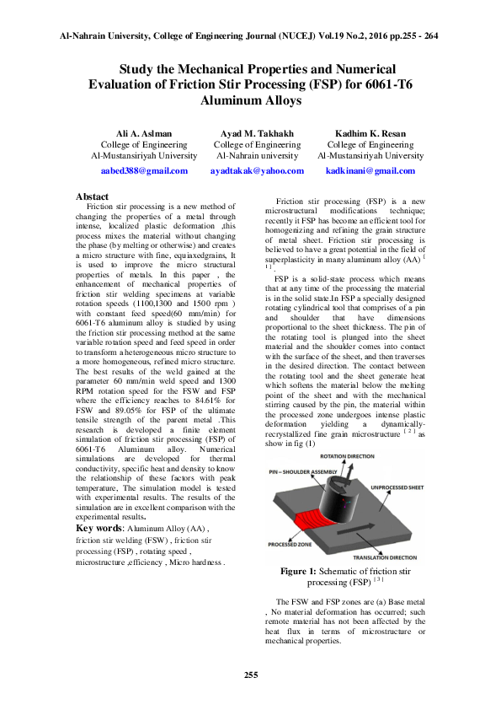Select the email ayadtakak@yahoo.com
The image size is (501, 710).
coord(257,170)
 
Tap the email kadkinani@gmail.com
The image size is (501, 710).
coord(370,170)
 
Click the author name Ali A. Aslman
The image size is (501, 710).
coord(143,133)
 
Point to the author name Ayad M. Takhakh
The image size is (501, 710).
coord(257,133)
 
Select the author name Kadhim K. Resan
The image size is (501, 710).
coord(370,133)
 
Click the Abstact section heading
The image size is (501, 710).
coord(92,196)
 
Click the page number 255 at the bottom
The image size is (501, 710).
coord(250,675)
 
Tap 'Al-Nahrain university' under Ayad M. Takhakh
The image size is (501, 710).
coord(257,156)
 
